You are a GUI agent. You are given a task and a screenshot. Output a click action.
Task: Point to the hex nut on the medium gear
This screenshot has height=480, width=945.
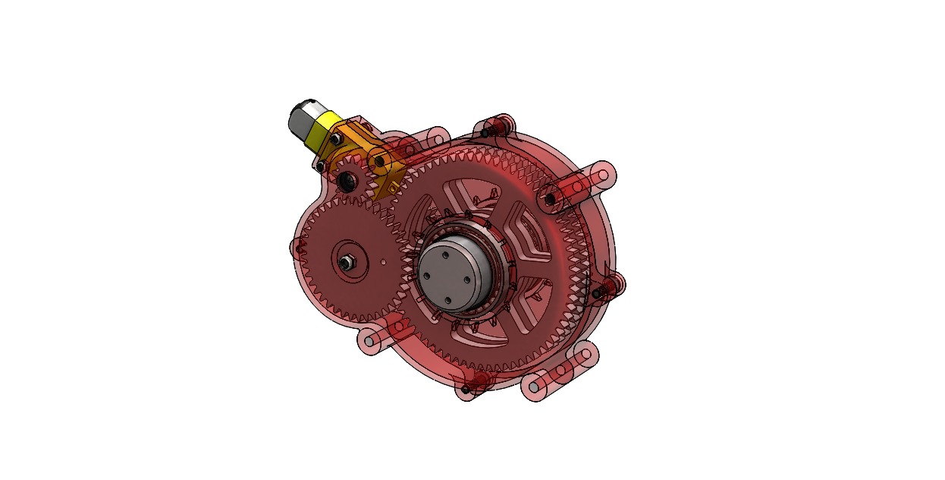point(345,263)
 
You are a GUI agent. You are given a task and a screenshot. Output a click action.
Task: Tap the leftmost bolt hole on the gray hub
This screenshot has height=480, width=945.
point(428,276)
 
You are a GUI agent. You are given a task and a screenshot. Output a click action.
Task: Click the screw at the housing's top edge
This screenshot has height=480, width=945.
point(485,134)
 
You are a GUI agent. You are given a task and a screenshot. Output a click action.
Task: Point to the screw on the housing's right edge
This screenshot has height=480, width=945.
point(598,293)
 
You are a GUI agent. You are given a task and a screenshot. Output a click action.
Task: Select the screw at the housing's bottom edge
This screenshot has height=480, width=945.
point(464,390)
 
